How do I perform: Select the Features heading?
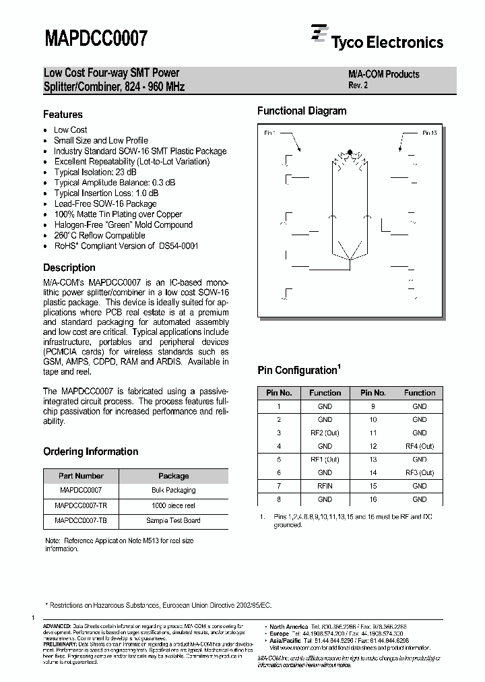click(63, 115)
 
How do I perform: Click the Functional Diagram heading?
click(302, 111)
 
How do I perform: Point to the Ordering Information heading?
click(90, 452)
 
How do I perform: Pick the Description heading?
click(69, 268)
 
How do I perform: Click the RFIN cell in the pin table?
click(325, 486)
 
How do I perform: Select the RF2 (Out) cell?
click(325, 433)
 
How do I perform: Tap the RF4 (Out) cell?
click(420, 446)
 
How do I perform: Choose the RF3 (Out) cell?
click(420, 472)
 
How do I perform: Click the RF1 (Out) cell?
click(325, 459)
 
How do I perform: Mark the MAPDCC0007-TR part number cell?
click(80, 505)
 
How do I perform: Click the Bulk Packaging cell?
click(173, 490)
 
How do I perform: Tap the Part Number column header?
click(80, 476)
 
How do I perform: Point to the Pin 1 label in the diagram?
click(269, 133)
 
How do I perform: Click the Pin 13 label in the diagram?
click(430, 133)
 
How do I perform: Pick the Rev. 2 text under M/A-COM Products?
click(358, 86)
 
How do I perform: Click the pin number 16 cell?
click(373, 499)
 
